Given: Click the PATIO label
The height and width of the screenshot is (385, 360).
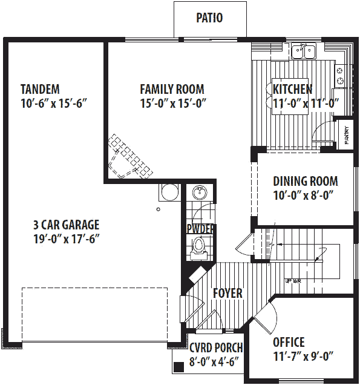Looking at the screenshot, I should click(209, 18).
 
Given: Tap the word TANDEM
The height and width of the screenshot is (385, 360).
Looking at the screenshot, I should click(40, 89).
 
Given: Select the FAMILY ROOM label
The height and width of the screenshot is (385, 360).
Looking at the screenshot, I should click(172, 89).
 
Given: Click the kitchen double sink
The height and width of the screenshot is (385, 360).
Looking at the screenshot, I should click(304, 51).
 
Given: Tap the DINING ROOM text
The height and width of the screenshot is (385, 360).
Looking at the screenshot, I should click(305, 181).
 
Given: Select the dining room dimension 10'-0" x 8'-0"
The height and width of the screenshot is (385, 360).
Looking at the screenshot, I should click(304, 195).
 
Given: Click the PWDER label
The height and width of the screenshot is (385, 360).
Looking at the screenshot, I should click(200, 229).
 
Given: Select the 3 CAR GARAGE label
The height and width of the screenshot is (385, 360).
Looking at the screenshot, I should click(66, 225).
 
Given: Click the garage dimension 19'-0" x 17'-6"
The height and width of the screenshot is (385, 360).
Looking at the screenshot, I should click(66, 239).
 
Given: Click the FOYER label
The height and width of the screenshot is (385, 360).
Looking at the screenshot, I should click(227, 294).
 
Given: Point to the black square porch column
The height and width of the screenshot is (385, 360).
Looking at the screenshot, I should click(178, 367).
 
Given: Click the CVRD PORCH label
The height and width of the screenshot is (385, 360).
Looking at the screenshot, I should click(216, 347).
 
